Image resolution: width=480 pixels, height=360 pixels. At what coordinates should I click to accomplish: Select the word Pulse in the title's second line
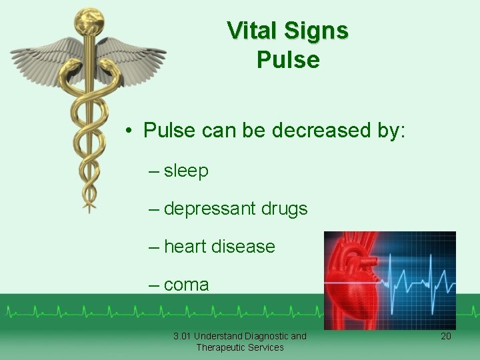tap(288, 60)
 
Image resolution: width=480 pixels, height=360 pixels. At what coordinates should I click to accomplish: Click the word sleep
tap(186, 171)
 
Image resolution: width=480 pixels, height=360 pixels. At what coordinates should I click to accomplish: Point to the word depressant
tap(210, 209)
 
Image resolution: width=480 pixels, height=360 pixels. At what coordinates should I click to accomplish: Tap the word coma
tap(186, 285)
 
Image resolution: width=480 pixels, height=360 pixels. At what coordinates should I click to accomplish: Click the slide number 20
tap(446, 336)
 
